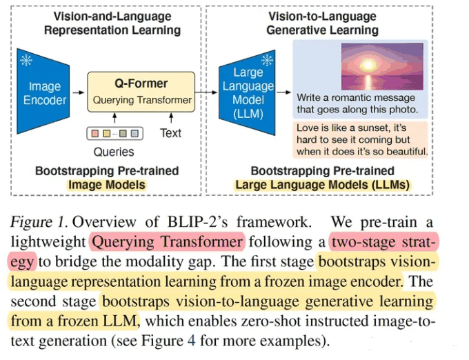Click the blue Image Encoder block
coord(43,91)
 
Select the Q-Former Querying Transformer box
coord(141,92)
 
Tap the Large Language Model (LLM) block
coord(247,92)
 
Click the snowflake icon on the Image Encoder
coord(26,61)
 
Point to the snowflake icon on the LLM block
coord(267,60)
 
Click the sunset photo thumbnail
coord(382,66)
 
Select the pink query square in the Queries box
coord(95,133)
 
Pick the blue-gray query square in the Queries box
coord(134,133)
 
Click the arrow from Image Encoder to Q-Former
coord(79,92)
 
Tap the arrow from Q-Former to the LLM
coord(206,92)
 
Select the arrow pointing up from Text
coord(171,118)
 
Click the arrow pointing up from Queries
coord(114,118)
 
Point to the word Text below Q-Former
coord(170,133)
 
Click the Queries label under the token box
coord(114,152)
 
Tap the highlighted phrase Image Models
coord(107,185)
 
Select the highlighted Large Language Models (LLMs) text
coord(323,185)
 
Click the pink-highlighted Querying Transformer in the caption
coord(167,241)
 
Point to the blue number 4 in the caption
coord(192,341)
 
